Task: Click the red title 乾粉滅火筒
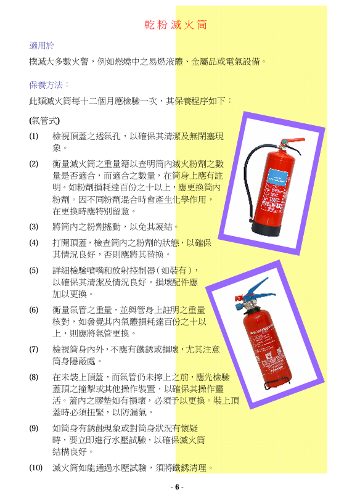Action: pos(176,25)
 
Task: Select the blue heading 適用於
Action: pos(41,46)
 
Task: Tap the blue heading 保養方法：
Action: pos(50,84)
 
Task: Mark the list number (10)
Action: pos(35,468)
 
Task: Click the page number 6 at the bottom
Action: pos(177,487)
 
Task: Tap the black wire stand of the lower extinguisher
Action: pos(275,385)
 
